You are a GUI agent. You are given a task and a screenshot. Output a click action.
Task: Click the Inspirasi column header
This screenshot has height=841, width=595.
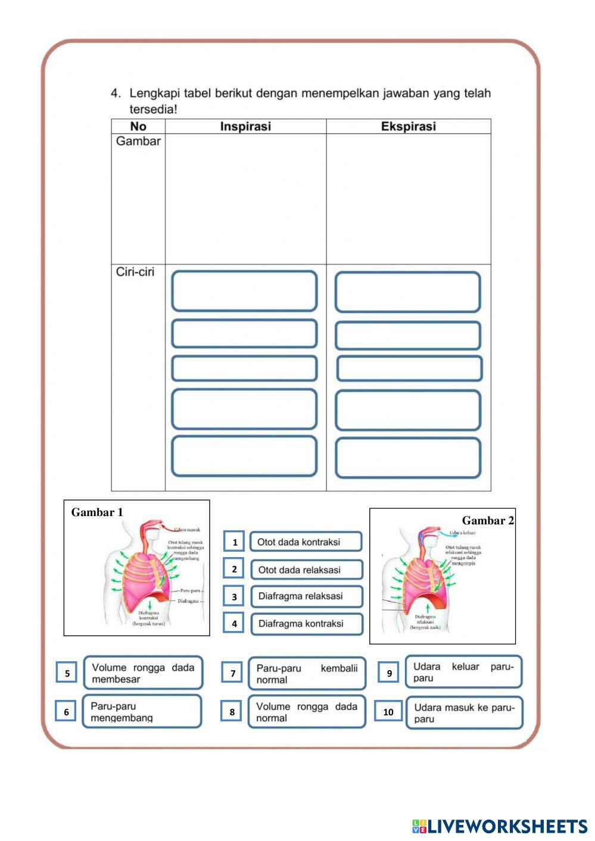245,126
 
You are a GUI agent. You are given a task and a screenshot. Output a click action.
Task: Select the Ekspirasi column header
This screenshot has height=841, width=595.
408,126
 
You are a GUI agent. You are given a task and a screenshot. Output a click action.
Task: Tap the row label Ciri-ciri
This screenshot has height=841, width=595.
135,272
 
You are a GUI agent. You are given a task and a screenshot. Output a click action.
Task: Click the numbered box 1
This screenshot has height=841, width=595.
235,542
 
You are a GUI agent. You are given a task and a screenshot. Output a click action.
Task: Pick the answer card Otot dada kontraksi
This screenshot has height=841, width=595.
306,542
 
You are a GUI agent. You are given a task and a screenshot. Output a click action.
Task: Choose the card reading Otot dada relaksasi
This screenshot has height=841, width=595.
306,570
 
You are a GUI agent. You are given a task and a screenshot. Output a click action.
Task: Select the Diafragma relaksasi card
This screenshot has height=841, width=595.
306,596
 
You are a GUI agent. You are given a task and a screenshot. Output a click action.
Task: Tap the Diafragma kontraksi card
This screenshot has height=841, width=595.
306,624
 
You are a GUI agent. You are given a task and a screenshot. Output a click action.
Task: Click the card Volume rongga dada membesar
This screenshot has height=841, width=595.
143,673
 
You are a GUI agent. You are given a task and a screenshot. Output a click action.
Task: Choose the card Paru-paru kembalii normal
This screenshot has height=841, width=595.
307,674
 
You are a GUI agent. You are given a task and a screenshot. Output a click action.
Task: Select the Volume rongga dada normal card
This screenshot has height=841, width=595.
307,712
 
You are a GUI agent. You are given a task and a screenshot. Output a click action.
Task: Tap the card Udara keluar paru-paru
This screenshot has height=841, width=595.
463,672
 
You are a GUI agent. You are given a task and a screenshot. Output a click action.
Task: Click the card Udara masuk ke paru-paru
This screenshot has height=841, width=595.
464,713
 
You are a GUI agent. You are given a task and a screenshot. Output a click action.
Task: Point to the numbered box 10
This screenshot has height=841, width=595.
388,711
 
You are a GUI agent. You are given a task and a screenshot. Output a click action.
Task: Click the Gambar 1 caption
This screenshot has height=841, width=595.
97,512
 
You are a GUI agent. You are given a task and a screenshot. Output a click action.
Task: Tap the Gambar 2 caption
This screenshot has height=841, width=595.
488,521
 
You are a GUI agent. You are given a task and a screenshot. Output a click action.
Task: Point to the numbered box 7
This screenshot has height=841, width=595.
233,673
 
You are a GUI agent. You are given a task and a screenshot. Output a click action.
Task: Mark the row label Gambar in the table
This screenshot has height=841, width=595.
138,142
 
